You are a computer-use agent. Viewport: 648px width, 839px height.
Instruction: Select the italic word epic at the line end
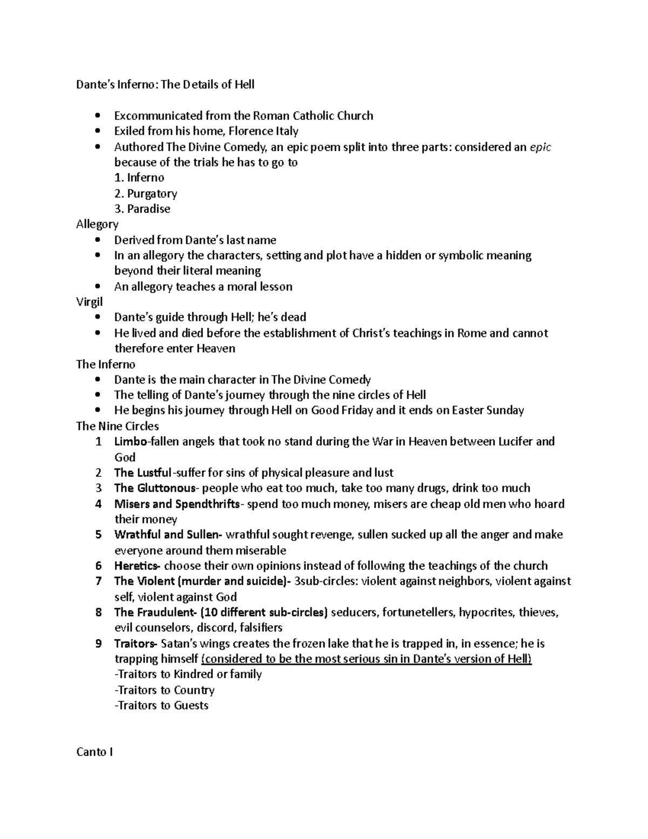(x=540, y=147)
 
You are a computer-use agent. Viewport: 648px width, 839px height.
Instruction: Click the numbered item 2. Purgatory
(x=146, y=193)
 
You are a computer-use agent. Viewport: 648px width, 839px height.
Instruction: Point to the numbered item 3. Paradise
(x=143, y=209)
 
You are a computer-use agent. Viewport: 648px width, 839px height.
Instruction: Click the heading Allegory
(x=97, y=224)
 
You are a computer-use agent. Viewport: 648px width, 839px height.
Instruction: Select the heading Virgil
(x=89, y=302)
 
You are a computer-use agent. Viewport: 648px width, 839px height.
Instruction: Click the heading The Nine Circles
(x=117, y=426)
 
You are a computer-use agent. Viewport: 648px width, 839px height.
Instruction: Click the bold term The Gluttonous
(x=154, y=488)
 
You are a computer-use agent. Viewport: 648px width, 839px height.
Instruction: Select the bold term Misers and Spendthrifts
(x=177, y=504)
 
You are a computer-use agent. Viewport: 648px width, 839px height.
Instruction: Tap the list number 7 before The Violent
(x=98, y=582)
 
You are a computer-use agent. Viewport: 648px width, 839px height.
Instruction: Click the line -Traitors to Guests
(x=161, y=706)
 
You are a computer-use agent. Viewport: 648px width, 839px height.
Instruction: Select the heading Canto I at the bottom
(x=94, y=753)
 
